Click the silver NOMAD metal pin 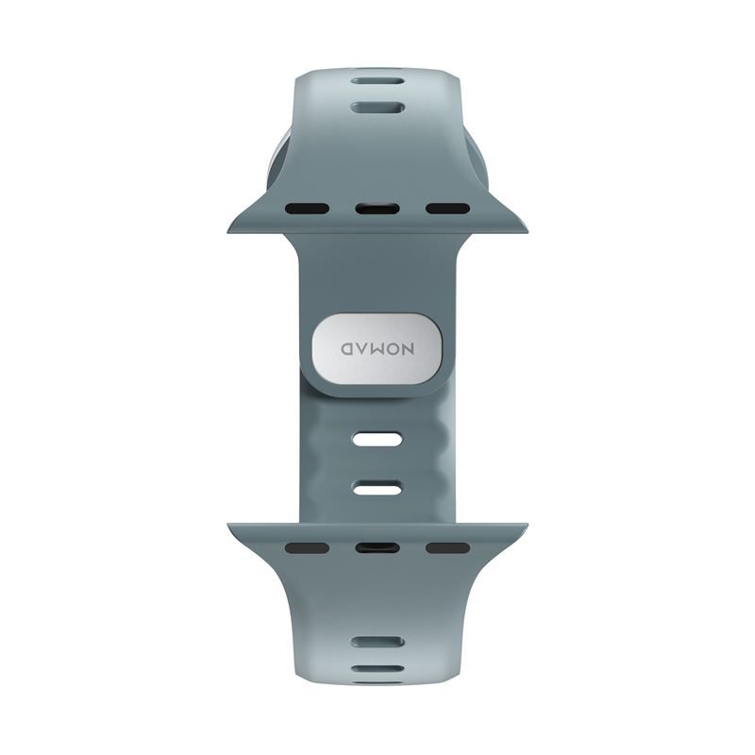(x=377, y=349)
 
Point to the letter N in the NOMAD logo (x=407, y=349)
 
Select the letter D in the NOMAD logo (x=347, y=349)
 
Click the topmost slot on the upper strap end (x=377, y=81)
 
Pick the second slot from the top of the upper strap (x=377, y=108)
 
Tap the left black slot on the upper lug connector (x=308, y=209)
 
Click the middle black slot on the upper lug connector (x=377, y=209)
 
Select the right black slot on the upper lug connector (x=447, y=209)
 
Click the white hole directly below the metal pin (x=377, y=439)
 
